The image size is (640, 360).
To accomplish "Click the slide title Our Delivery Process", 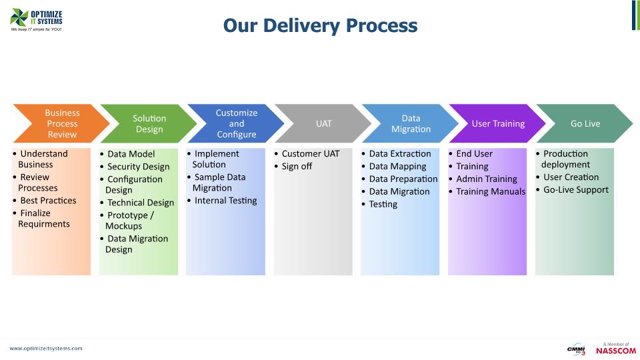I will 320,25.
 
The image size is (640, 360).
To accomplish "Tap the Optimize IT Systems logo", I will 37,20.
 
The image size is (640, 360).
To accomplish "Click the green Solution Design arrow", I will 149,123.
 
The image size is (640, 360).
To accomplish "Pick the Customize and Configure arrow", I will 236,123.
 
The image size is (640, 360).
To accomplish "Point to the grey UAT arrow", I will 323,123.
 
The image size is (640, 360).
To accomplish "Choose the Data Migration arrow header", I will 411,123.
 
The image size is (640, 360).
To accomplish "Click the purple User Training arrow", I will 498,123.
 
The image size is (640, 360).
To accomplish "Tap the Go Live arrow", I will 585,123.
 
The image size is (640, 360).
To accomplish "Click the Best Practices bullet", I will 47,201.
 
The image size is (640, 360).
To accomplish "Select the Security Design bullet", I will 138,167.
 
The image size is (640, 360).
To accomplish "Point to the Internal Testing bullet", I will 225,201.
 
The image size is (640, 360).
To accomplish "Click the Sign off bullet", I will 297,166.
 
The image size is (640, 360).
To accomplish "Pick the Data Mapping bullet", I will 397,166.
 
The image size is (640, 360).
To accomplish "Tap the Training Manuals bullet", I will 490,191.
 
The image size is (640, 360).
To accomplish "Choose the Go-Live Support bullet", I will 575,190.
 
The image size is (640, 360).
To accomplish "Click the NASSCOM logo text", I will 615,351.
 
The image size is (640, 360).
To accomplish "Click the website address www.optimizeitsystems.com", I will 46,348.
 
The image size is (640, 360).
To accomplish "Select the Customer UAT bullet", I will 310,153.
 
